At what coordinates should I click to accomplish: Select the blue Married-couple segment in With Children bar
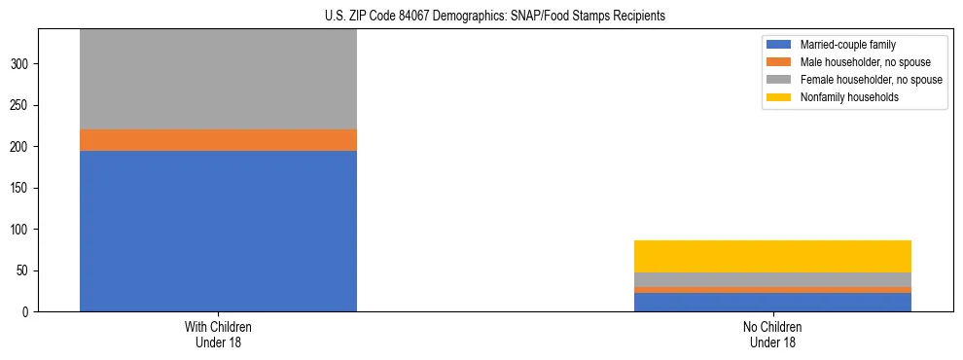[x=218, y=231]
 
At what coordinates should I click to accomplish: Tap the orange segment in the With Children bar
[x=218, y=140]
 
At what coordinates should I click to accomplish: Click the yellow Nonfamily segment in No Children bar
[x=772, y=256]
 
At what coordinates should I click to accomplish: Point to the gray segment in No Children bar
[x=772, y=279]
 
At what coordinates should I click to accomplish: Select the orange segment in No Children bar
[x=772, y=290]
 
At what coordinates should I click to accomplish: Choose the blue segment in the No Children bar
[x=772, y=302]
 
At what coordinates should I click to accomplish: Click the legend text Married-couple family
[x=848, y=45]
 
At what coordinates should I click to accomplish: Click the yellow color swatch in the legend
[x=779, y=97]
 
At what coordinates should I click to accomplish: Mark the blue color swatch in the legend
[x=779, y=45]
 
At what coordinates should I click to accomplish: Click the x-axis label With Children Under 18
[x=218, y=334]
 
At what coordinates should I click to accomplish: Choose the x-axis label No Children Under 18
[x=772, y=334]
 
